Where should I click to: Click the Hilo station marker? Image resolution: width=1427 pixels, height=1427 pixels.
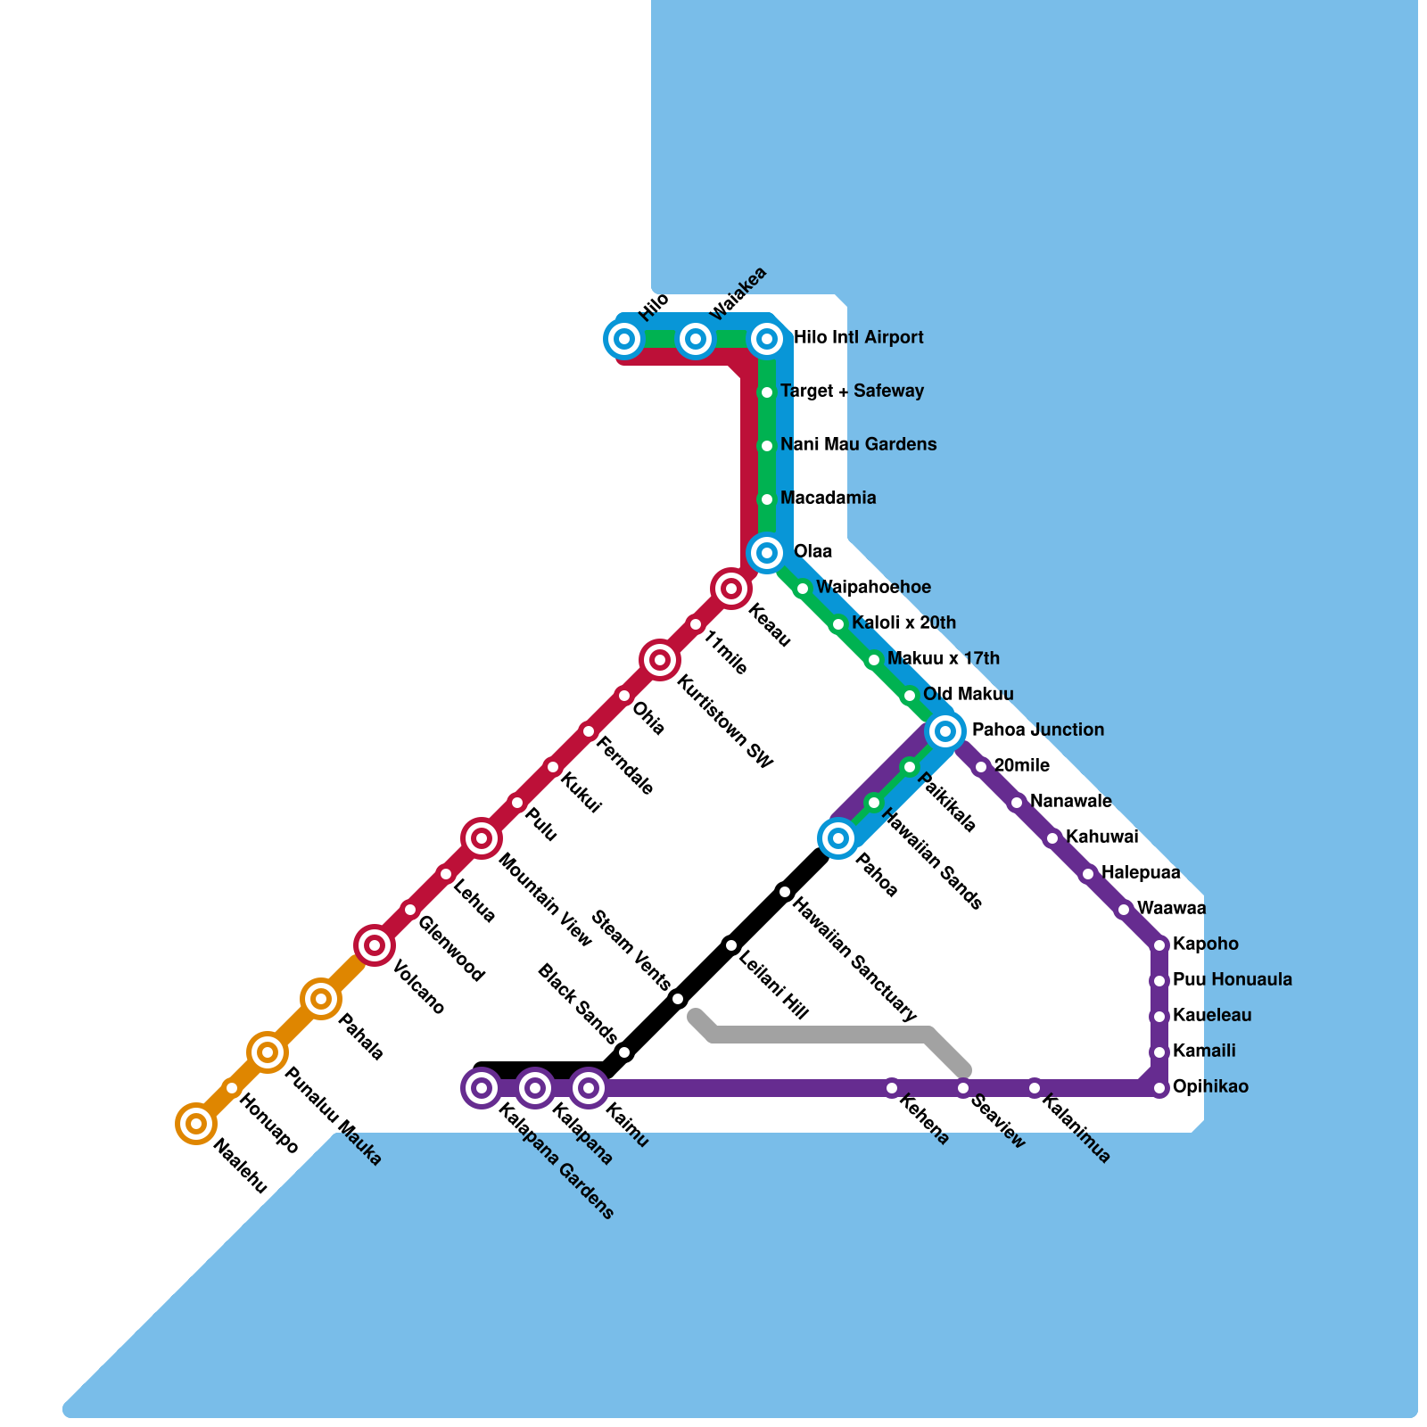[624, 339]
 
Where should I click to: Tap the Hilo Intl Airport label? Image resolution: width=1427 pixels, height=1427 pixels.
[858, 338]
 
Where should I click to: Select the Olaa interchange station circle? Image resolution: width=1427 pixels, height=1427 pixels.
[767, 553]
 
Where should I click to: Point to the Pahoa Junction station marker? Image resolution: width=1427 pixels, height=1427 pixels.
[945, 731]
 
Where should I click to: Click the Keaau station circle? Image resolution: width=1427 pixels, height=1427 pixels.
[731, 589]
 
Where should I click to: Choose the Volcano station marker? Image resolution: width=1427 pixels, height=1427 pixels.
[375, 945]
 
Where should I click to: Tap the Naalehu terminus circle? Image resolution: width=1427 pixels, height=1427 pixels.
[196, 1124]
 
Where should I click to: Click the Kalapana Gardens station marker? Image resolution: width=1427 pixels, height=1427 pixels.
[482, 1088]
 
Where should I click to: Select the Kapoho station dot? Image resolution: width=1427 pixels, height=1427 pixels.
[1159, 945]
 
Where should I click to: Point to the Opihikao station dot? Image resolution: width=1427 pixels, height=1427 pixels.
[1159, 1088]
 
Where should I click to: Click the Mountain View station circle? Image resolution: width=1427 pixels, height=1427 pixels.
[482, 838]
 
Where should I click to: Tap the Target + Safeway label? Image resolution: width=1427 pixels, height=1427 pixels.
[852, 392]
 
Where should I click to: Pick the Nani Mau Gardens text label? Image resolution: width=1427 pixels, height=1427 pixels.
[858, 445]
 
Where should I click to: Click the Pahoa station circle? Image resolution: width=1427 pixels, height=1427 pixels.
[838, 838]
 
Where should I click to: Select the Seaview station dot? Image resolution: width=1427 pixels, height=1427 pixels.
[963, 1088]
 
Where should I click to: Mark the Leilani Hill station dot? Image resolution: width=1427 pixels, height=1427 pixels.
[731, 945]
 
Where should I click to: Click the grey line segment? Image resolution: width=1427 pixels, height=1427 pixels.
[821, 1035]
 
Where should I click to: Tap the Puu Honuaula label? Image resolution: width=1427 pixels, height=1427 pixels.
[1232, 980]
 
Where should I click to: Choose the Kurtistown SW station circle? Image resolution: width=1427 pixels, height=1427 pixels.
[660, 660]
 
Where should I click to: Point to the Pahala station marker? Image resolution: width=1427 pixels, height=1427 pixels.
[321, 999]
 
